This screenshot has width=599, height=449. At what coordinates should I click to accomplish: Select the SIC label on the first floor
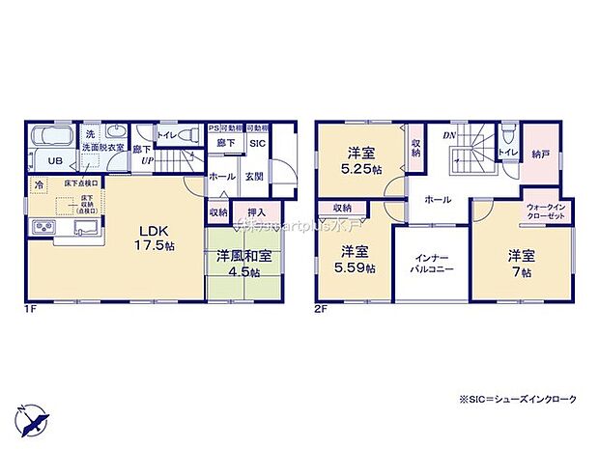pyautogui.click(x=257, y=144)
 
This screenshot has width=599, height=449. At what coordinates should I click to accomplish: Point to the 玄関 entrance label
pyautogui.click(x=255, y=177)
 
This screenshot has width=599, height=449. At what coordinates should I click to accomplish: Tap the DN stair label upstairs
pyautogui.click(x=449, y=136)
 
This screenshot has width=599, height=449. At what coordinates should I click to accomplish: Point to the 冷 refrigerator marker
pyautogui.click(x=39, y=184)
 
